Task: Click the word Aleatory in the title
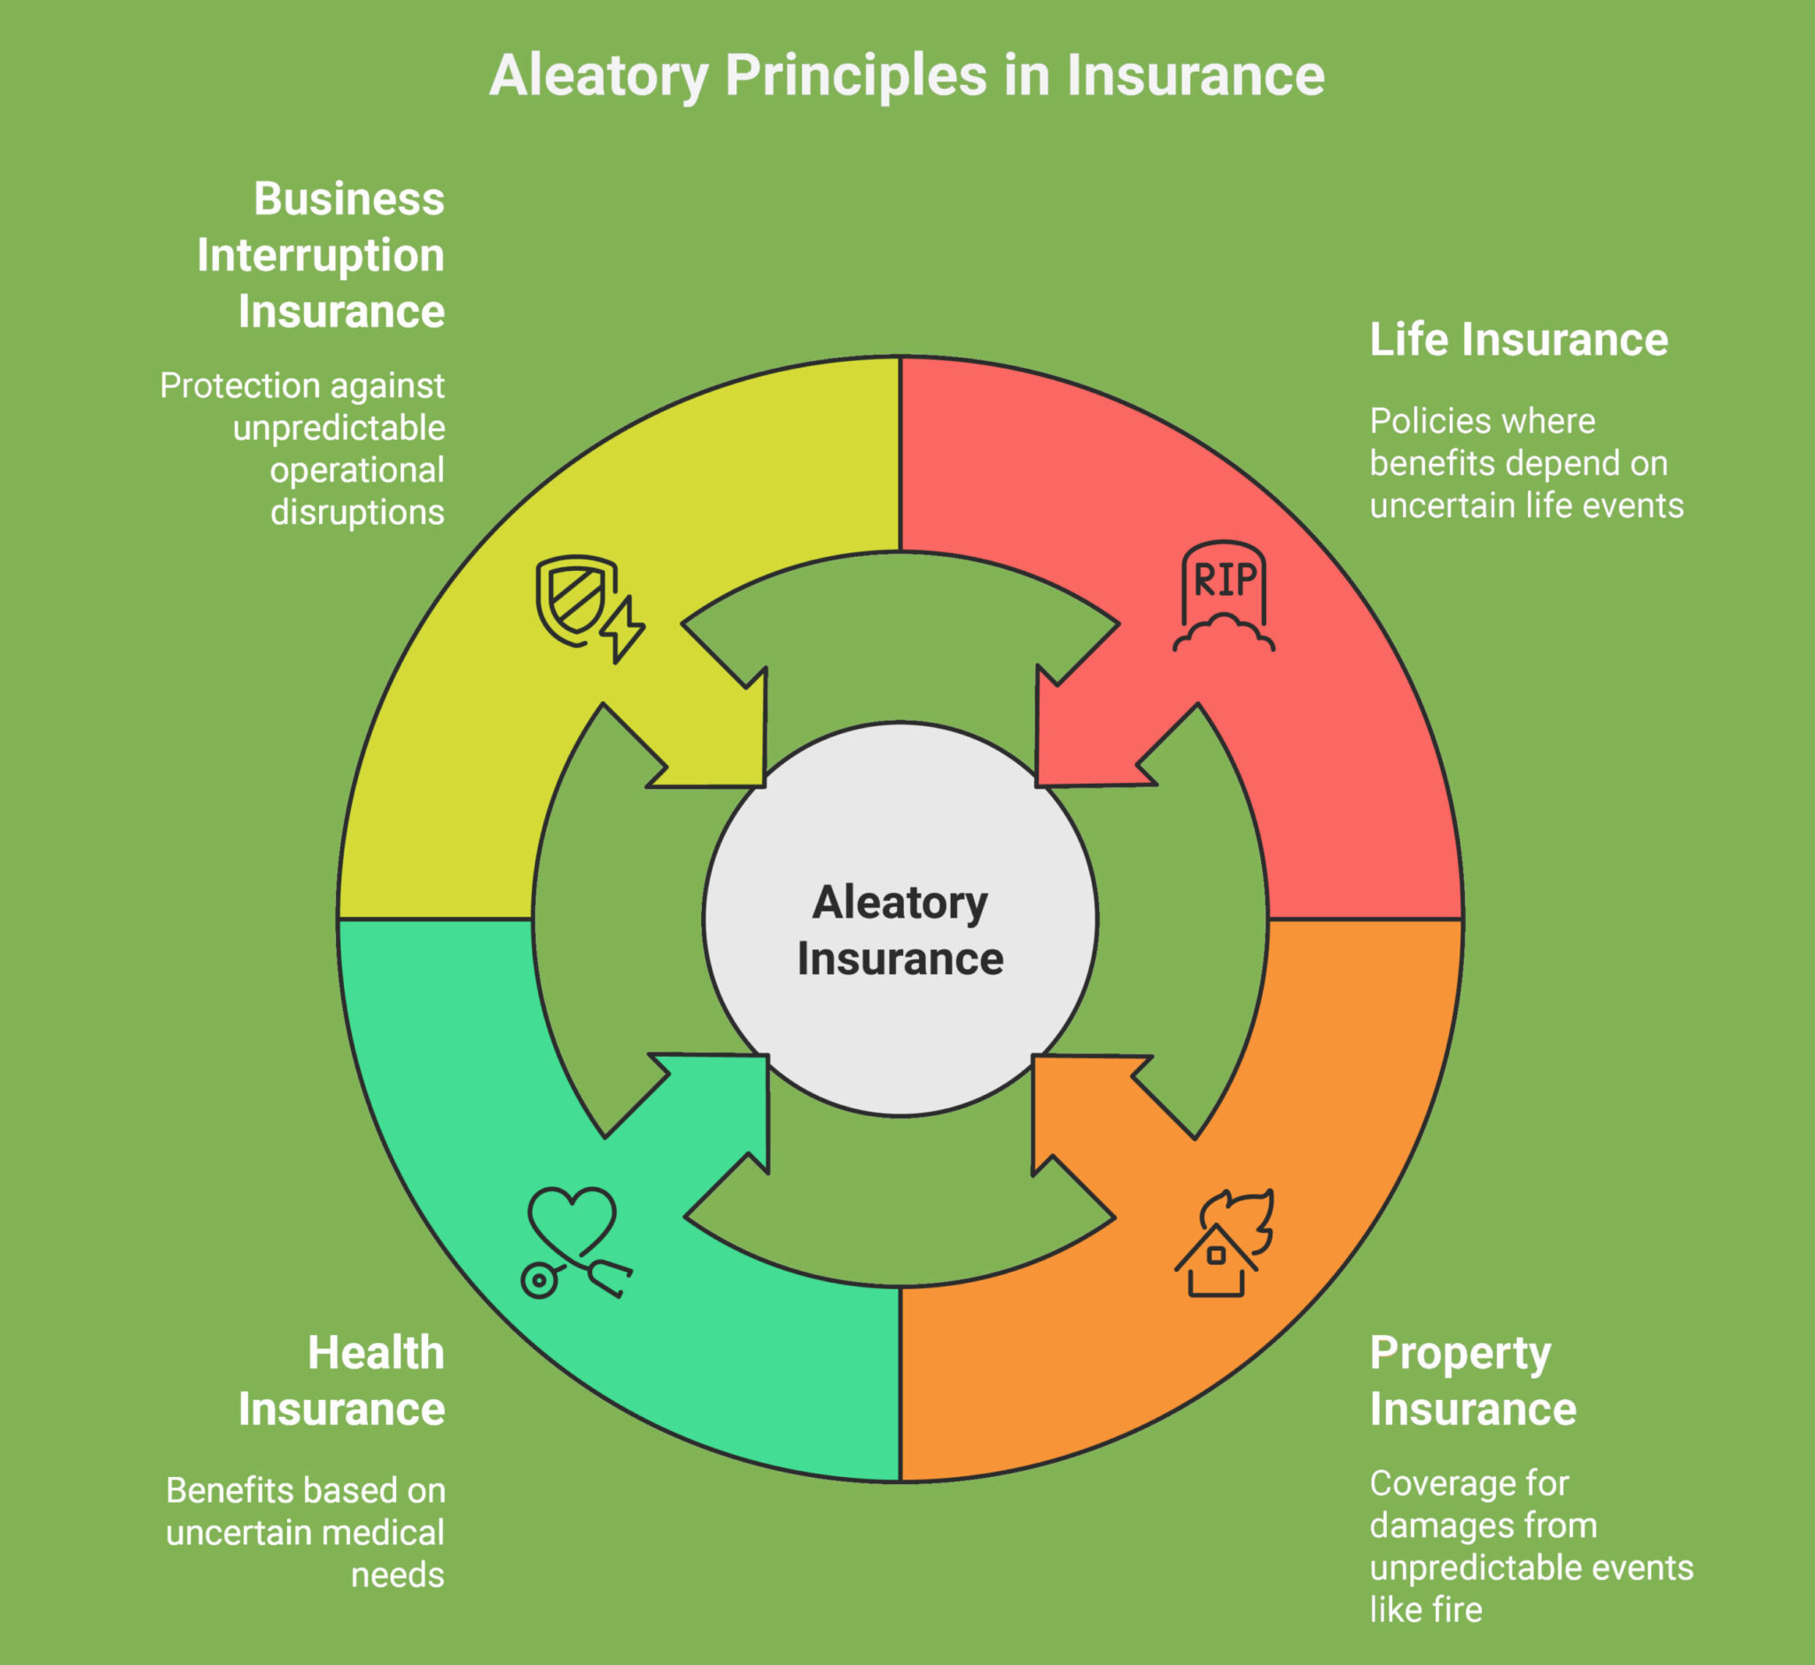point(599,75)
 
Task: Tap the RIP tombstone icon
point(1223,596)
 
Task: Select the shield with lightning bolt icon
point(589,608)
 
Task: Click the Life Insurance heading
point(1519,340)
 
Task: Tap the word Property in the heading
point(1461,1353)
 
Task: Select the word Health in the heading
point(376,1353)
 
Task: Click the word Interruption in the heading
point(321,255)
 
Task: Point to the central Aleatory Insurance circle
point(900,919)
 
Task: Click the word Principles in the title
point(856,75)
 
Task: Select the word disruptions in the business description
point(358,512)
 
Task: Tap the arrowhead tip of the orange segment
point(1035,1058)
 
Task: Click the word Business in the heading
point(349,199)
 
